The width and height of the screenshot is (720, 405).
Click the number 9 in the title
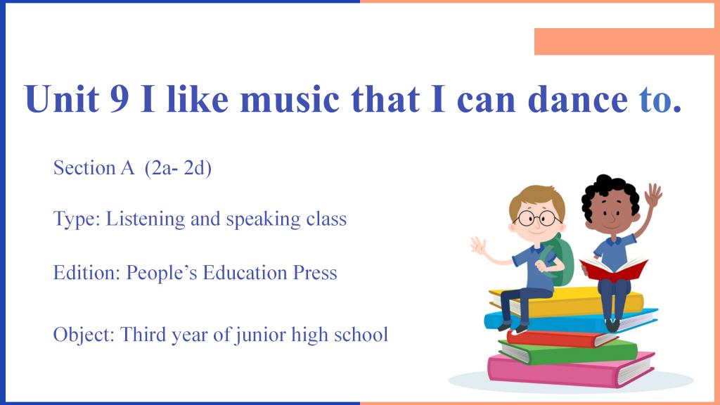point(120,98)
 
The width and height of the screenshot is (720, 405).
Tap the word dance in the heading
point(578,98)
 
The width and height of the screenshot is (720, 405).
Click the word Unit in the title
point(62,98)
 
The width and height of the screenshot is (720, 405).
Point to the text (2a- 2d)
point(178,168)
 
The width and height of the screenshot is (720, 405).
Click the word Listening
point(145,219)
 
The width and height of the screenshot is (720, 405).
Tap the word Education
point(245,272)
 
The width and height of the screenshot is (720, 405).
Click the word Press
point(315,273)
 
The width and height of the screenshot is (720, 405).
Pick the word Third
point(142,334)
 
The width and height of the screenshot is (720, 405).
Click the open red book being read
point(613,269)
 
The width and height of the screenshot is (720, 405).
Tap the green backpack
point(560,260)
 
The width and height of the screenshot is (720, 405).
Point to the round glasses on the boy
point(536,218)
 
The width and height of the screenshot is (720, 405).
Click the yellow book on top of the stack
point(567,301)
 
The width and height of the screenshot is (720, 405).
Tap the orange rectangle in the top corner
point(624,41)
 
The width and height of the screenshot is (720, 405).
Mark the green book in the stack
point(568,351)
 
